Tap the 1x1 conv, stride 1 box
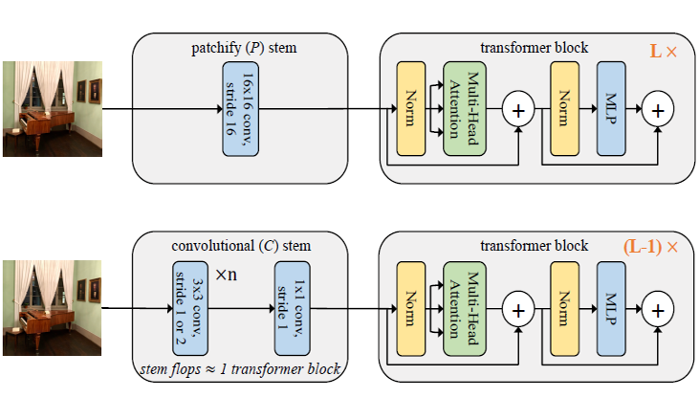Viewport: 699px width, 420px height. point(292,308)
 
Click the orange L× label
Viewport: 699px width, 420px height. point(663,51)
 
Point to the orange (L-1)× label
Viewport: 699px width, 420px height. point(650,247)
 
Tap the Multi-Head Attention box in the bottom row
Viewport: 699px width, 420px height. point(465,308)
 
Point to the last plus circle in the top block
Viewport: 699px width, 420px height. point(658,110)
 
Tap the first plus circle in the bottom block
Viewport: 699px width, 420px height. point(519,309)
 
